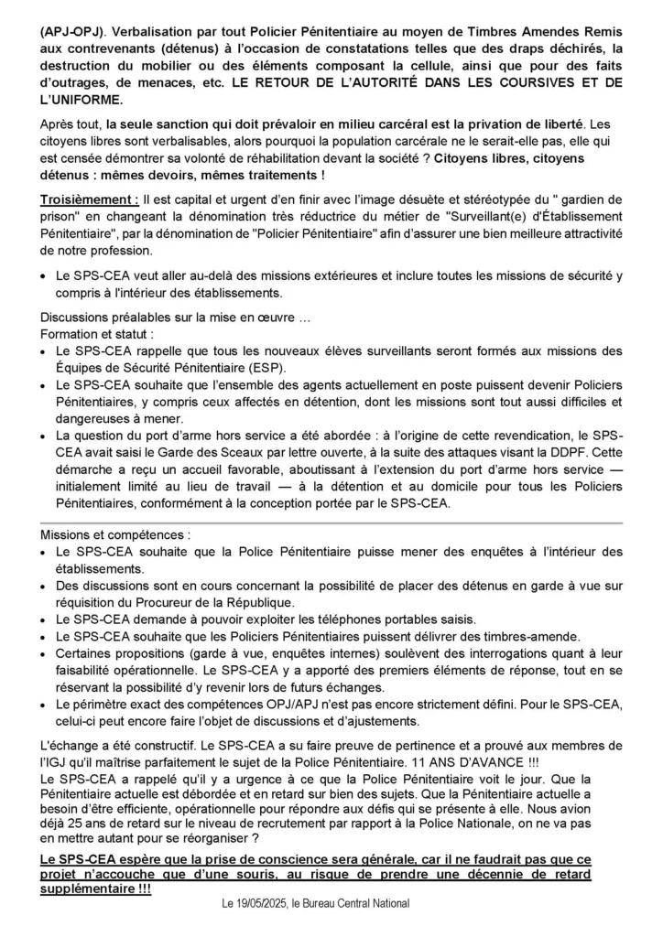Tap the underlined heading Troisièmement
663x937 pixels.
point(90,199)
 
